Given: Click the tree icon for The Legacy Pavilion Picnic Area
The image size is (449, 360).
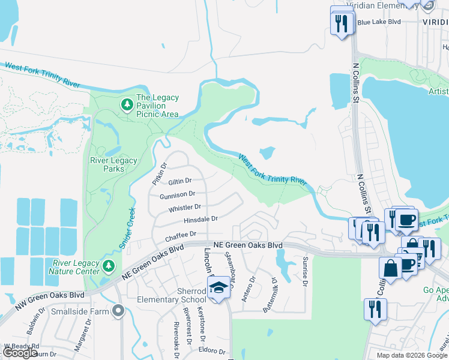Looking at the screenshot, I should point(127,106).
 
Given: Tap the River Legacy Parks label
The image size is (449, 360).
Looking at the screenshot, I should point(113,164).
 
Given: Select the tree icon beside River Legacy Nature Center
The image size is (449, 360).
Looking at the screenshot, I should point(108,265).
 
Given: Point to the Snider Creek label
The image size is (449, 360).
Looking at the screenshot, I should point(127,227).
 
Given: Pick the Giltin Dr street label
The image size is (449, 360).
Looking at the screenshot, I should point(179,181).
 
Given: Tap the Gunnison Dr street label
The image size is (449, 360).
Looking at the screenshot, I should point(177,194).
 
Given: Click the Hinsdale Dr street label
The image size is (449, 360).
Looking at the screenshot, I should point(200,220).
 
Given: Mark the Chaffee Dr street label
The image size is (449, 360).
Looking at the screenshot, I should point(181,236).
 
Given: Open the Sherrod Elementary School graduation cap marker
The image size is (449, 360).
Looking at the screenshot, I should point(219,287).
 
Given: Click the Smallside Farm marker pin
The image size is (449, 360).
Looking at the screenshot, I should point(118,311).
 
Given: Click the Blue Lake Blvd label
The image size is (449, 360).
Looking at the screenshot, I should point(378,22).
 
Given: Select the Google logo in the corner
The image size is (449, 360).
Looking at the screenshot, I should point(20,353).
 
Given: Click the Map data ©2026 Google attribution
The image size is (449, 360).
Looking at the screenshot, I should point(412,355).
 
